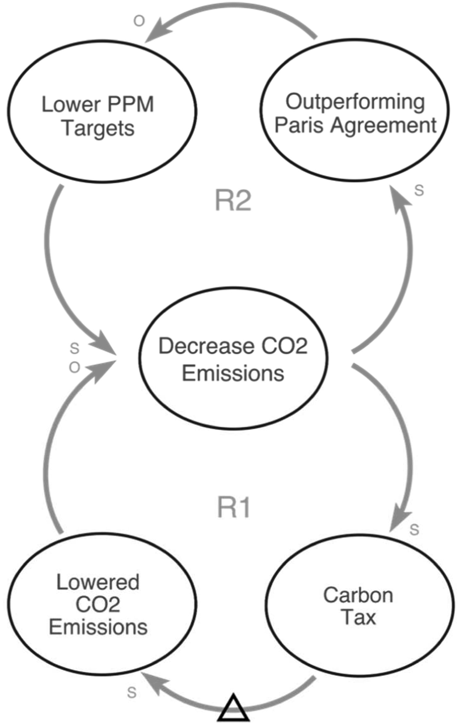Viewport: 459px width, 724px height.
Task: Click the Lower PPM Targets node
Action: point(102,111)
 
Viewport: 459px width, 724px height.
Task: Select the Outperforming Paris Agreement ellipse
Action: point(355,110)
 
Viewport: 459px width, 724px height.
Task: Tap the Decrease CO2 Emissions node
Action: point(233,358)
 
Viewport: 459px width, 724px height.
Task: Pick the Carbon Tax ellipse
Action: point(359,606)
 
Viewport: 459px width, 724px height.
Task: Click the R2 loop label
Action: point(233,200)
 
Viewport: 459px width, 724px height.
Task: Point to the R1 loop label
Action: point(233,508)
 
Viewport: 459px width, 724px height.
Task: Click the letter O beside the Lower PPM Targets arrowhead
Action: point(139,21)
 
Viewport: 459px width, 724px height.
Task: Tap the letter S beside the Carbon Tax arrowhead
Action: point(414,529)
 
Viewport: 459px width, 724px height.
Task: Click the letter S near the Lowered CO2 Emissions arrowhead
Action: point(132,692)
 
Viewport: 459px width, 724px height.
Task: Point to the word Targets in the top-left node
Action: point(98,129)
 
